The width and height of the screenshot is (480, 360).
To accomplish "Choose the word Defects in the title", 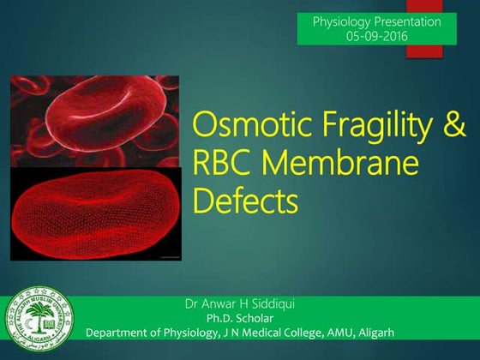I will (245, 202).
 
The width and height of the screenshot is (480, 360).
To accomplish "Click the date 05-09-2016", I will (377, 36).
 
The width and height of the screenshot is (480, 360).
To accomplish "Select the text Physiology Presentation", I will (377, 21).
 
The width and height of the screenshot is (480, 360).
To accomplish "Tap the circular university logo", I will (39, 323).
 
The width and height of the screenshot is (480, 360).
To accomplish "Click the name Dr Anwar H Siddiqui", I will (239, 303).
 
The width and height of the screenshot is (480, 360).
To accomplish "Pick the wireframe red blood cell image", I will (94, 214).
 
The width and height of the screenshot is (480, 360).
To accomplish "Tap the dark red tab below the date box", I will (424, 51).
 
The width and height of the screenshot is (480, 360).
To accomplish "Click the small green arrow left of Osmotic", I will (182, 128).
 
